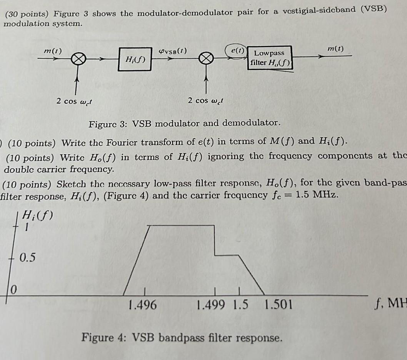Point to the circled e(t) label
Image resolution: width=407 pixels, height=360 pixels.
point(235,50)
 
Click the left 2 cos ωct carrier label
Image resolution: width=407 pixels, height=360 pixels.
point(76,102)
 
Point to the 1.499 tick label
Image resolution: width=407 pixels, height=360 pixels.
point(211,305)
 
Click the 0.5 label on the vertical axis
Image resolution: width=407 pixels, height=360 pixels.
point(27,257)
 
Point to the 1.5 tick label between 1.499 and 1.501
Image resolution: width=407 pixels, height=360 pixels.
point(241,305)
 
